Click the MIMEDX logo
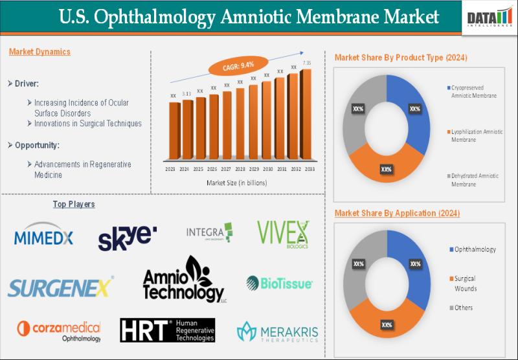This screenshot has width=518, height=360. [43, 236]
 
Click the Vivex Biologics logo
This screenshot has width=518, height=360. [283, 234]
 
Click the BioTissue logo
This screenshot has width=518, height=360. [280, 283]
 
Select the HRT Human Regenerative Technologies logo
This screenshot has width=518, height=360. [168, 330]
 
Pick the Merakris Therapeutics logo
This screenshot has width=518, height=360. [278, 332]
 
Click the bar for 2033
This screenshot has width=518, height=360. [306, 115]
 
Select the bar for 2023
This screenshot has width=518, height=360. [174, 131]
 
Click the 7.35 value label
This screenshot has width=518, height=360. [308, 63]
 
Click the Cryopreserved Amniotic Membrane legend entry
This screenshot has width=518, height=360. [473, 91]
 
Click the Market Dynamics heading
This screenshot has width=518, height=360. [39, 52]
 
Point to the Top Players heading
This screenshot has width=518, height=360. [74, 205]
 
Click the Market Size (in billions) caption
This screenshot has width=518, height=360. [236, 183]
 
